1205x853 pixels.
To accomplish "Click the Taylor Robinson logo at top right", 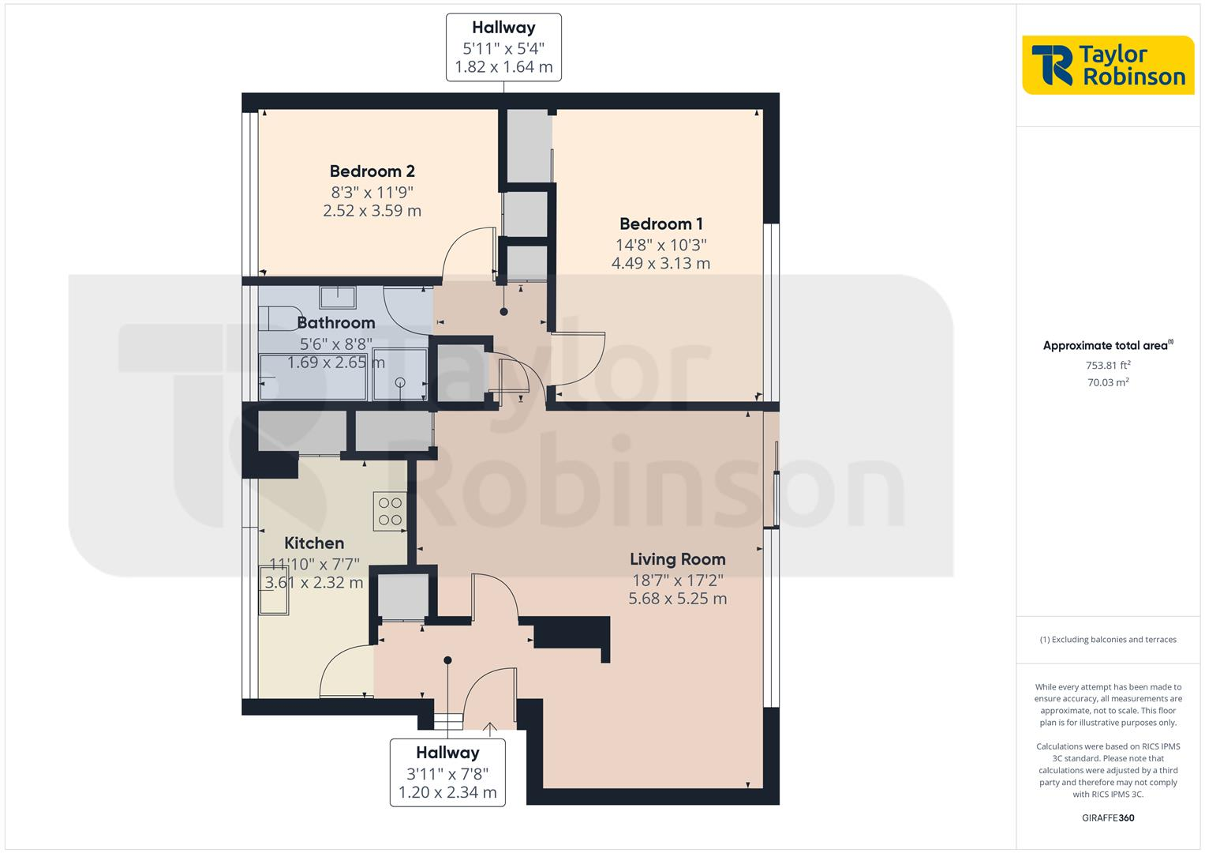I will click(x=1108, y=65).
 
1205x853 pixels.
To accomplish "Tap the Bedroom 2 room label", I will click(x=372, y=171).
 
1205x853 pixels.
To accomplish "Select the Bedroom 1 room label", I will click(x=661, y=224).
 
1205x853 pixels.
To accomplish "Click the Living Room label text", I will click(x=677, y=559).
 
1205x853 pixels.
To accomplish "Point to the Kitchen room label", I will click(x=314, y=543).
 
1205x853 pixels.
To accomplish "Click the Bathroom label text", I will click(x=335, y=323).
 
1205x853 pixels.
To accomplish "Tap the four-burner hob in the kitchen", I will click(x=390, y=510).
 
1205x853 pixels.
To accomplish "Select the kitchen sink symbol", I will click(x=274, y=599).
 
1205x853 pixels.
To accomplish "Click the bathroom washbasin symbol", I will click(x=338, y=297).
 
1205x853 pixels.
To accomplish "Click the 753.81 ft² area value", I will click(x=1108, y=365).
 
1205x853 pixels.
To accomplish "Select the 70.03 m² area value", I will click(x=1108, y=382).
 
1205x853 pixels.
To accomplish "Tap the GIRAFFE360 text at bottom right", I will click(x=1108, y=817).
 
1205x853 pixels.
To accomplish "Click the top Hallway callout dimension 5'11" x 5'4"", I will click(x=503, y=48).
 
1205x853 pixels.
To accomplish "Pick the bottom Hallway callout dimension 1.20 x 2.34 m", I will click(x=447, y=792).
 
